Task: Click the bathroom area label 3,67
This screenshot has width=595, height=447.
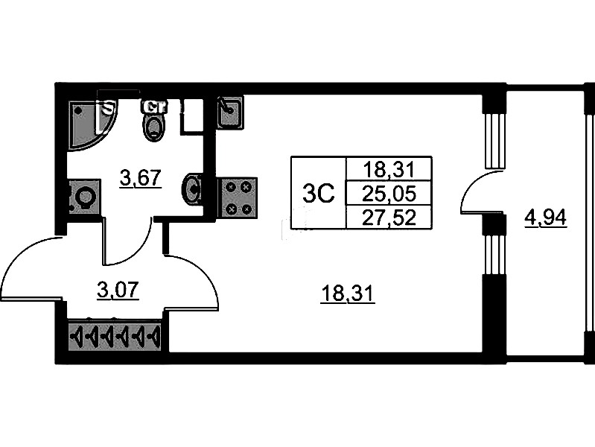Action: click(x=141, y=178)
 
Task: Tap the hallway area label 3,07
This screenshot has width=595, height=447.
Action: click(x=119, y=288)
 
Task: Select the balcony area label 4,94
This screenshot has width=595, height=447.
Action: click(x=546, y=218)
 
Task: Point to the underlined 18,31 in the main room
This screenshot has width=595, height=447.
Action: click(x=347, y=294)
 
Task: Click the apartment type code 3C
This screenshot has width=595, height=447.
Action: click(x=318, y=193)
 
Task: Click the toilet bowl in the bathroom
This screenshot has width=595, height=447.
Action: click(x=154, y=124)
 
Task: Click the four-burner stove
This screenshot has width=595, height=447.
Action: click(x=237, y=197)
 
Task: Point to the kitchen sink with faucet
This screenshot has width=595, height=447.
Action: click(x=229, y=112)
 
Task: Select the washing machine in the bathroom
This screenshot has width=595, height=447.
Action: click(x=83, y=198)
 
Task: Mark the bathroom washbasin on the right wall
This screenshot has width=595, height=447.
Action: click(x=192, y=188)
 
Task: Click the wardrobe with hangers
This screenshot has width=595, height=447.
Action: click(x=115, y=337)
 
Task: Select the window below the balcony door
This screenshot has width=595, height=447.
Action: click(x=491, y=253)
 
